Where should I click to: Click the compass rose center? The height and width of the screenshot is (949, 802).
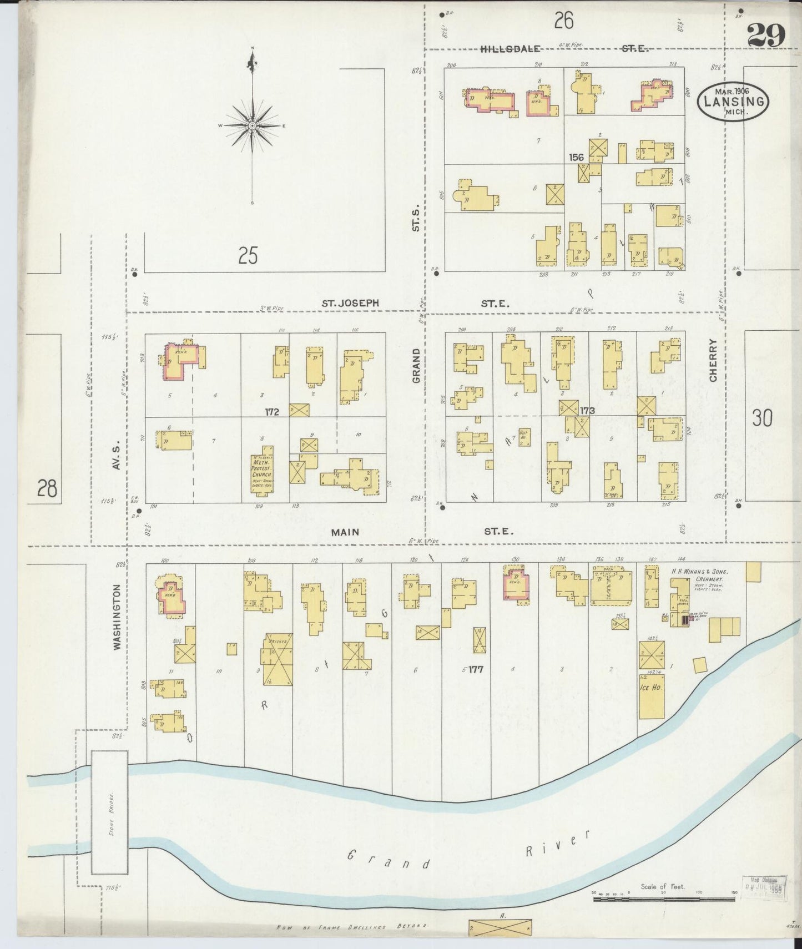(253, 126)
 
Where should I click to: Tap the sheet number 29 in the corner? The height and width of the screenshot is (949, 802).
(766, 36)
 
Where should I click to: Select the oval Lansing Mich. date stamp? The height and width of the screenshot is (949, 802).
(733, 102)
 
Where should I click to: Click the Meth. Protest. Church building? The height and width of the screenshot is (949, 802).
(261, 471)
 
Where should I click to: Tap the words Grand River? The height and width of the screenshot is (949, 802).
(466, 851)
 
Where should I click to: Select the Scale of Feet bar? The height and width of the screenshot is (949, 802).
(663, 897)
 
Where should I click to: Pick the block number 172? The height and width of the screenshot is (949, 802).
(272, 412)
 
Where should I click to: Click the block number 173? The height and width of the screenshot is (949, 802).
(587, 411)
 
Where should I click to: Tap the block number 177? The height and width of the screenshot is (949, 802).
(475, 669)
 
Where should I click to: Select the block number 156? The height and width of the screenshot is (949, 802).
(577, 158)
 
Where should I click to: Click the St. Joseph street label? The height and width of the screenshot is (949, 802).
(351, 304)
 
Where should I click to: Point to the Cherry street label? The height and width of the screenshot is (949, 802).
(713, 361)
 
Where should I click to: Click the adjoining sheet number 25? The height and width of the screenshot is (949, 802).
(248, 256)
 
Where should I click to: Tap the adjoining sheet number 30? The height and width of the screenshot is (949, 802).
(763, 418)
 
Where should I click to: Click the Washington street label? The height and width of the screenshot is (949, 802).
(117, 616)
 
